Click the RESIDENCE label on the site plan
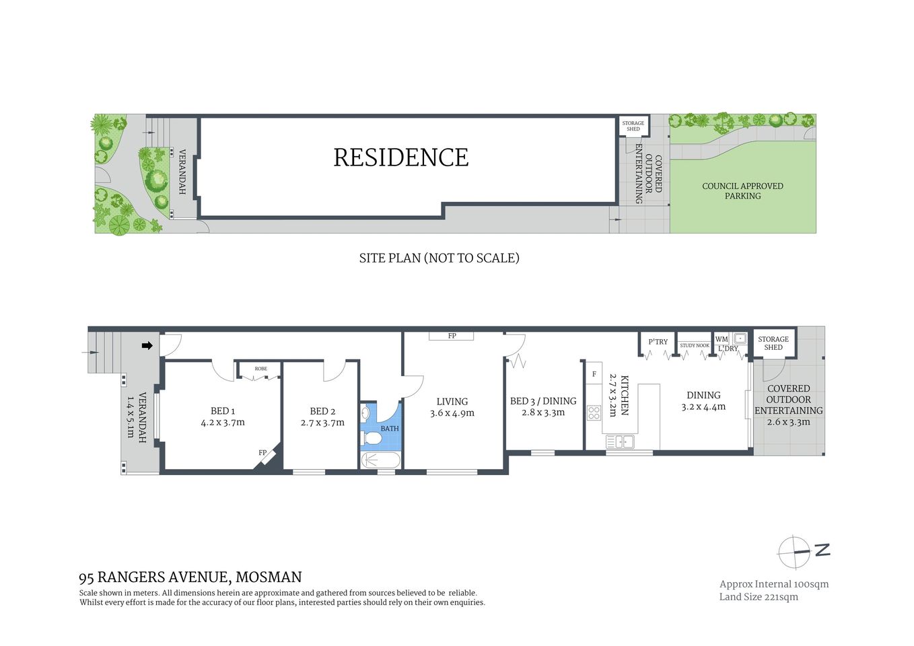click(401, 157)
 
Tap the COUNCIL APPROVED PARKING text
click(742, 191)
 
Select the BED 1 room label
click(223, 411)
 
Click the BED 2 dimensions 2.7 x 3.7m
click(322, 423)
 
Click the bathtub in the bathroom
click(380, 460)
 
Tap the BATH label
click(390, 429)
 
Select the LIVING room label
click(452, 402)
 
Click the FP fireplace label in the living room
click(452, 336)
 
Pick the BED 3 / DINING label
click(543, 401)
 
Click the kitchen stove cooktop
click(594, 412)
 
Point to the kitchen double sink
click(620, 442)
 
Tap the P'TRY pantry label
click(658, 342)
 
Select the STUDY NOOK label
click(694, 346)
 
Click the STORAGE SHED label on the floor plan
click(773, 343)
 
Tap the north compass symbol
click(796, 552)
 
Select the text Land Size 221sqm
click(759, 597)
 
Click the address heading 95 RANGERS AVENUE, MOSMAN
click(190, 577)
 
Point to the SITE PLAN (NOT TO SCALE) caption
click(439, 258)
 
